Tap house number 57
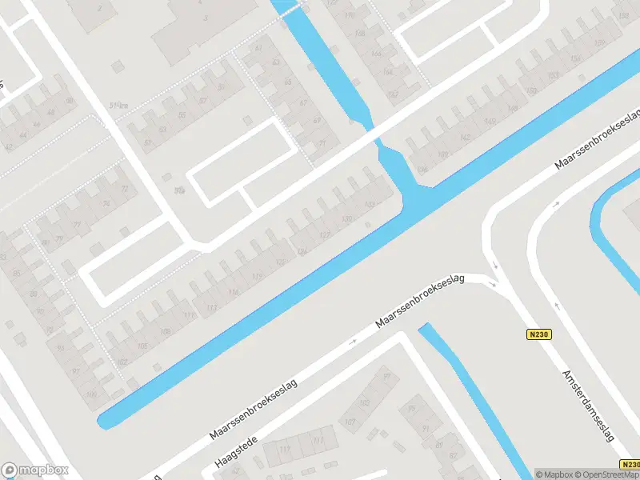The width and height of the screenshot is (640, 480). click(x=202, y=101)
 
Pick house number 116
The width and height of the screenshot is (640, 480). click(x=234, y=293)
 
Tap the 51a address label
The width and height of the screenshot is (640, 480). click(x=120, y=103)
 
